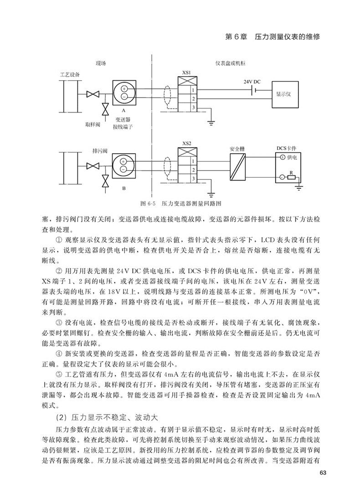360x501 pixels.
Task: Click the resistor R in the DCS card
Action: [292, 177]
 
